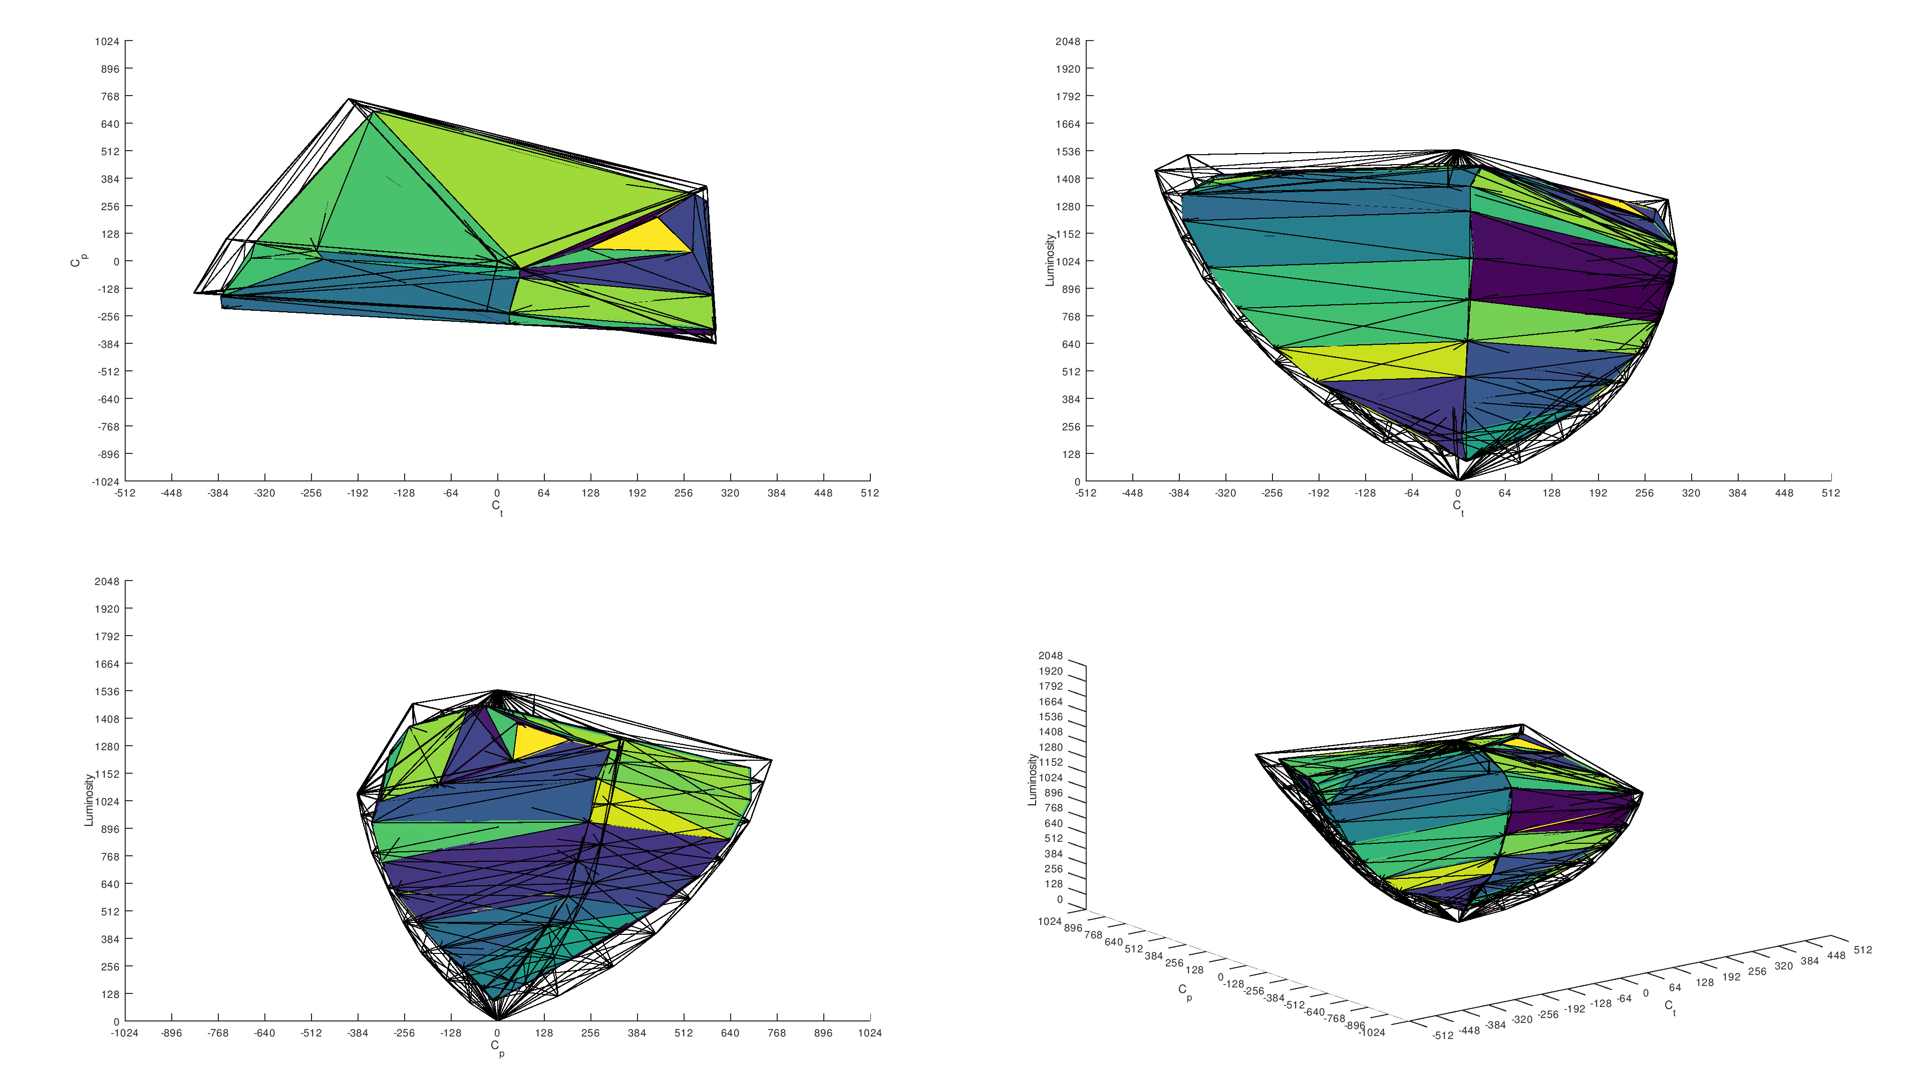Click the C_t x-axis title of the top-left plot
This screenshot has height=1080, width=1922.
[497, 507]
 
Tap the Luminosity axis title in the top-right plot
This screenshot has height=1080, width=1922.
[1050, 260]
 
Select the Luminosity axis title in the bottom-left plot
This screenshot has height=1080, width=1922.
[89, 800]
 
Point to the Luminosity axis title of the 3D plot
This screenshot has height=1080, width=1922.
[1033, 779]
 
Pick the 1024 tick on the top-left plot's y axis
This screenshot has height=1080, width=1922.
[107, 41]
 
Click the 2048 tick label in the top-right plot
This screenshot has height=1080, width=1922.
[1068, 41]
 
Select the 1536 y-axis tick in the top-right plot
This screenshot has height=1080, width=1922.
[1068, 152]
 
